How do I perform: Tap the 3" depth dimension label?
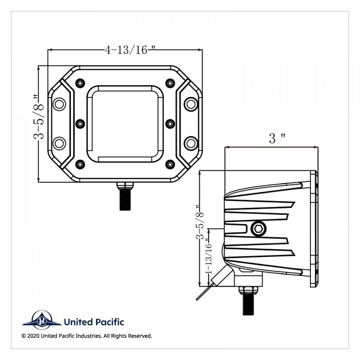tap(276, 139)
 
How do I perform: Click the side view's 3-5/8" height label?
tap(199, 222)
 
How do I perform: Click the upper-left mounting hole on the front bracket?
tap(59, 103)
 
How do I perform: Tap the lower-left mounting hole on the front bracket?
tap(59, 143)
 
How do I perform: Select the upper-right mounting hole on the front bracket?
tap(190, 103)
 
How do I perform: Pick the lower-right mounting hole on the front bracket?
tap(190, 143)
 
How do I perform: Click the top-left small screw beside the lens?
tap(80, 82)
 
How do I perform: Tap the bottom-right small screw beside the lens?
tap(170, 164)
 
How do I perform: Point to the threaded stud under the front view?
tap(125, 199)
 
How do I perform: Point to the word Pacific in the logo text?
tap(109, 322)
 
